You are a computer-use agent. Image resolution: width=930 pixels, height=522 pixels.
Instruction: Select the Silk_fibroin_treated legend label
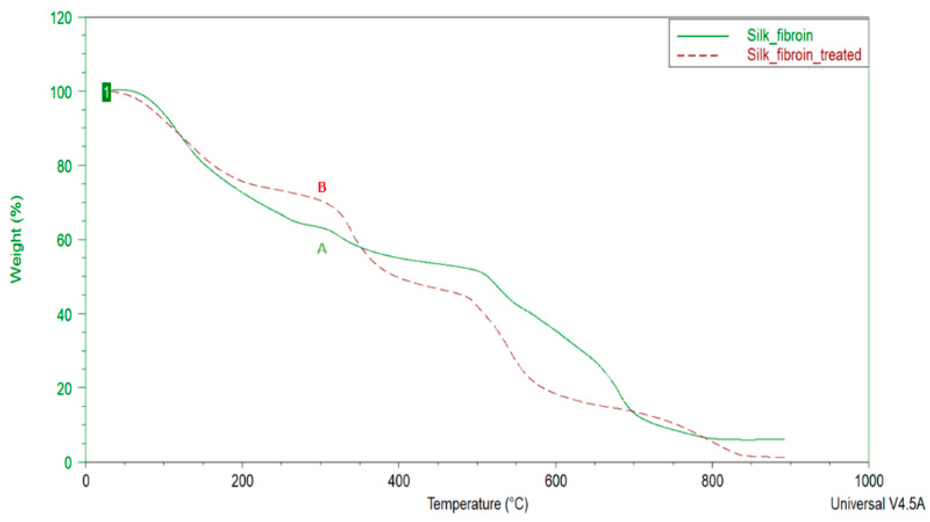tap(804, 55)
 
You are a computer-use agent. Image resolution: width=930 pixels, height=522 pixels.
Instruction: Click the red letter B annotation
tap(322, 187)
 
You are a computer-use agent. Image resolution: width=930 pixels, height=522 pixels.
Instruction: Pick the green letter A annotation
tap(322, 249)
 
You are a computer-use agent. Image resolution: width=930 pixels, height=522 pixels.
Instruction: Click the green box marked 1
tap(106, 92)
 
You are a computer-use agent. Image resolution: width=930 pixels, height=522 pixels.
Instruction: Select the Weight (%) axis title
tap(16, 239)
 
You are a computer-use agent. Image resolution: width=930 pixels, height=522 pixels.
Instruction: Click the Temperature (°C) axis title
tap(477, 504)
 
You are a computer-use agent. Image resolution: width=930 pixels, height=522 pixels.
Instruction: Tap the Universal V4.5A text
tap(880, 504)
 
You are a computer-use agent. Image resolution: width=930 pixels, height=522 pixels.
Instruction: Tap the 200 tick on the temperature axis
tap(242, 482)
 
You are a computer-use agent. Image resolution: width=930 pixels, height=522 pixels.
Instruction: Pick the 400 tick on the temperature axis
tap(399, 482)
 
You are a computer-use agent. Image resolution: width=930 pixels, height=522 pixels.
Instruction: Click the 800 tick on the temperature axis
tap(712, 482)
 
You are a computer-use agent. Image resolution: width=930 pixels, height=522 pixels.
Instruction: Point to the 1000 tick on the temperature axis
tap(868, 482)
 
